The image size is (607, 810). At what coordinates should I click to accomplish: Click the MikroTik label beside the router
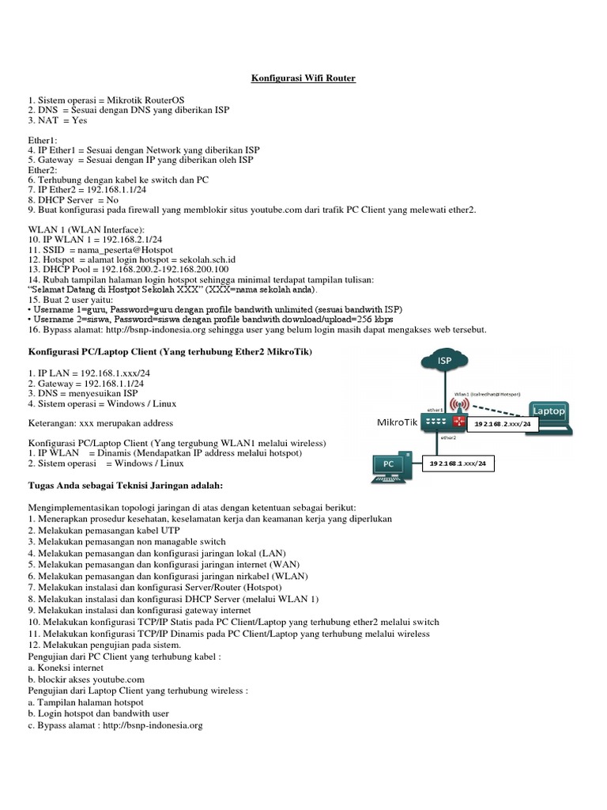pyautogui.click(x=396, y=423)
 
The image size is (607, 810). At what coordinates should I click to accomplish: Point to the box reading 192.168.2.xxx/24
pyautogui.click(x=503, y=425)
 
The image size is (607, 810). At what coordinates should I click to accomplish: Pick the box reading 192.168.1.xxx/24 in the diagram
pyautogui.click(x=458, y=462)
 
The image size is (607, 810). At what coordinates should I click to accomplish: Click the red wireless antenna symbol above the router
pyautogui.click(x=456, y=403)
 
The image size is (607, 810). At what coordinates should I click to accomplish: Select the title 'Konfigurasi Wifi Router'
pyautogui.click(x=303, y=78)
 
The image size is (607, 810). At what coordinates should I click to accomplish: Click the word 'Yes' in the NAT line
pyautogui.click(x=79, y=121)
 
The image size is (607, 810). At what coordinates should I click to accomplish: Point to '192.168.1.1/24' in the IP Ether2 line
pyautogui.click(x=109, y=191)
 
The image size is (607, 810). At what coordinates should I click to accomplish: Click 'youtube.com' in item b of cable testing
pyautogui.click(x=118, y=679)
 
